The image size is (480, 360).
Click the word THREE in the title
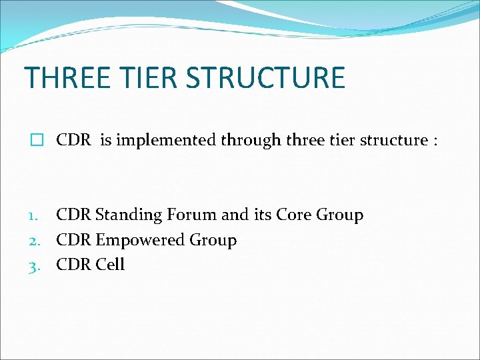(67, 77)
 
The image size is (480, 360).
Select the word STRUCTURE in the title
(265, 77)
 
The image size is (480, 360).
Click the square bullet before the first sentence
(36, 140)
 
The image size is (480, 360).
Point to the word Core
(294, 215)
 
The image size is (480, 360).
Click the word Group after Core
(340, 215)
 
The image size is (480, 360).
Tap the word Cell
(110, 265)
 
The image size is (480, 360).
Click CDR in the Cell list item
(74, 265)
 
